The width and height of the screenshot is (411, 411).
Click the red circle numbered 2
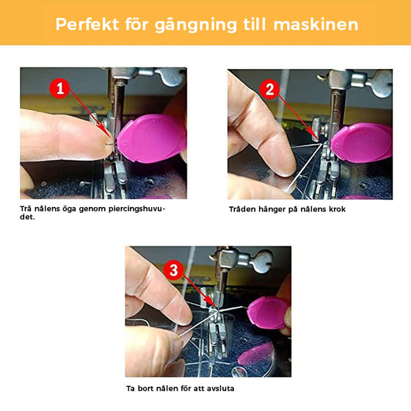[x=270, y=90]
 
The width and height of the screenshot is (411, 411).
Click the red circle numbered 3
[x=174, y=269]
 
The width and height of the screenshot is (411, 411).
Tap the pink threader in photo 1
[x=150, y=139]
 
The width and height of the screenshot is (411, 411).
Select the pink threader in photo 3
[x=266, y=313]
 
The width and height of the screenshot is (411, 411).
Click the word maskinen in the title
[x=315, y=23]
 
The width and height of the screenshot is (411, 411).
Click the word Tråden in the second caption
[x=242, y=209]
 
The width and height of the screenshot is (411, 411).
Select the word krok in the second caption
[x=336, y=209]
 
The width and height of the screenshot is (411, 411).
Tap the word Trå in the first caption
[x=26, y=209]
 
